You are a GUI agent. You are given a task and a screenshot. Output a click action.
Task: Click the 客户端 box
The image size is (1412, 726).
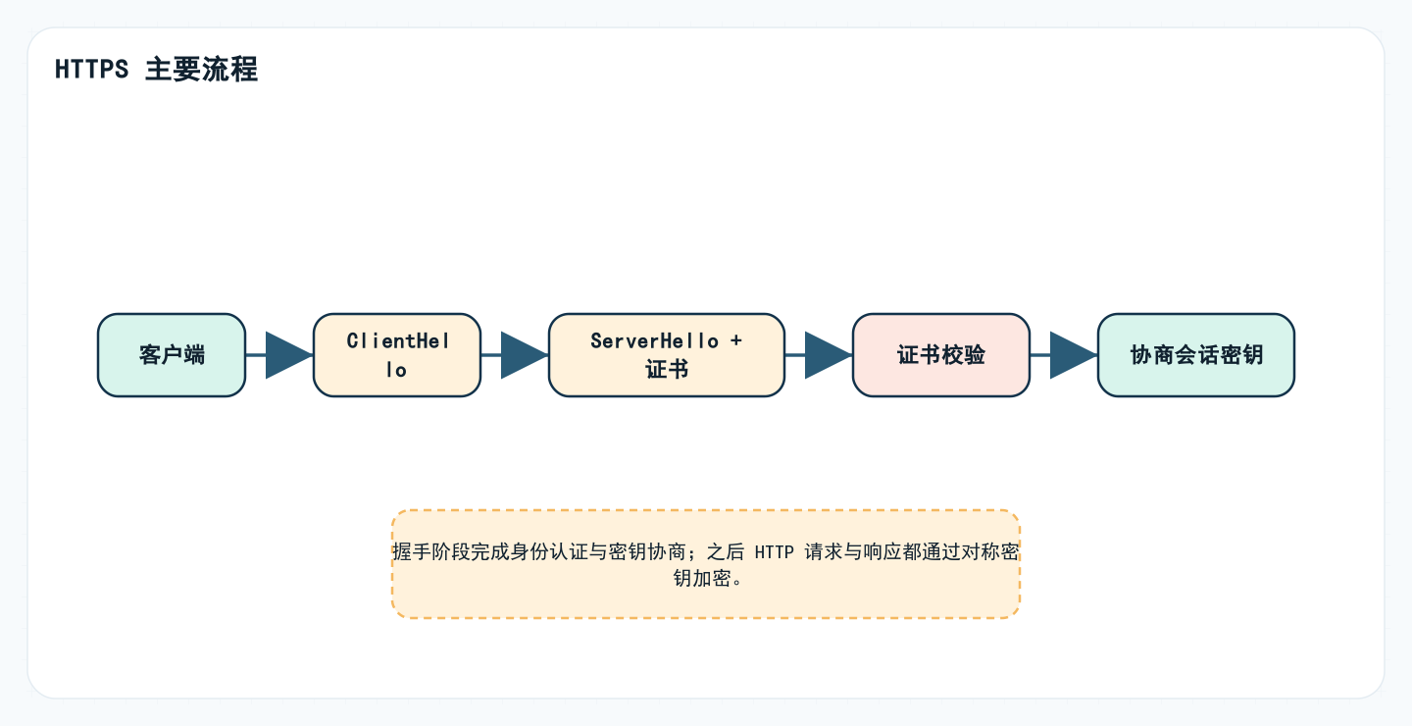(172, 355)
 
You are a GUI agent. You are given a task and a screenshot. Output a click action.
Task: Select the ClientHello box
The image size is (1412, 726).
(397, 355)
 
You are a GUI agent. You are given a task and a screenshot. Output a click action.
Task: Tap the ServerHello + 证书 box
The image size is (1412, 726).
(667, 355)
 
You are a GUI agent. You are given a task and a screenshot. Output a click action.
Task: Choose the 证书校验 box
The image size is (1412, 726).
(941, 355)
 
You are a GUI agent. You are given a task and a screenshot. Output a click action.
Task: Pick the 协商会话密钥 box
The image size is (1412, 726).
(1196, 355)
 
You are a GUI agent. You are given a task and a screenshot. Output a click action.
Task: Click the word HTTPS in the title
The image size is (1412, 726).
(92, 71)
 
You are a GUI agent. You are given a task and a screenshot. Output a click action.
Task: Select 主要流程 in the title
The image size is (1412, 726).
(202, 71)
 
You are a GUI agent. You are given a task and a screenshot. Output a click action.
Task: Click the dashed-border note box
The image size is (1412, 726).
(706, 598)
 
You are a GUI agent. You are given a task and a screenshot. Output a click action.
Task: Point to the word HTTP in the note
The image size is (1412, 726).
(774, 552)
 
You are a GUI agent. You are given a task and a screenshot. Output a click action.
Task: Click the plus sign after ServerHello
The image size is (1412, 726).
(735, 340)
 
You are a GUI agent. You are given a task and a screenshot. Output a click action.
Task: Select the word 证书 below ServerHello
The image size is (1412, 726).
(667, 370)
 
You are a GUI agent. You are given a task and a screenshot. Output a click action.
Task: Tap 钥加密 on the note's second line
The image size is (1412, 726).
(702, 578)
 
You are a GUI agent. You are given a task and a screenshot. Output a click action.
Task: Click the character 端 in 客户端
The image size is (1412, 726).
(194, 355)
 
